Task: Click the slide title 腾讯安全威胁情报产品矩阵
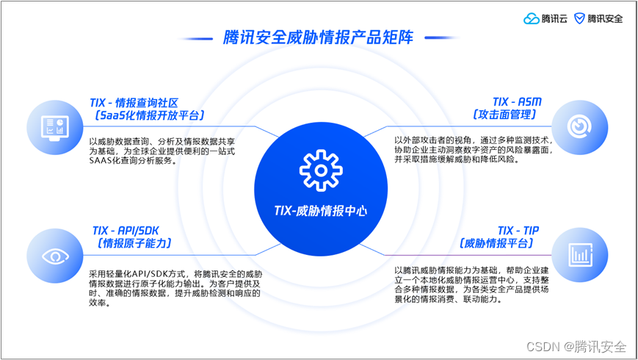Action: pos(318,37)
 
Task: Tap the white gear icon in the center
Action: pos(321,170)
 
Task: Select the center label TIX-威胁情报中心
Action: pos(320,212)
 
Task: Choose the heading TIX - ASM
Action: pos(516,102)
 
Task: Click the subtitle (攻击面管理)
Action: pos(506,115)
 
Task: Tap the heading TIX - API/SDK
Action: pos(126,231)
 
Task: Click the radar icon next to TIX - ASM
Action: pos(579,126)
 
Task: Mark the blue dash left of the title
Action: pos(197,37)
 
